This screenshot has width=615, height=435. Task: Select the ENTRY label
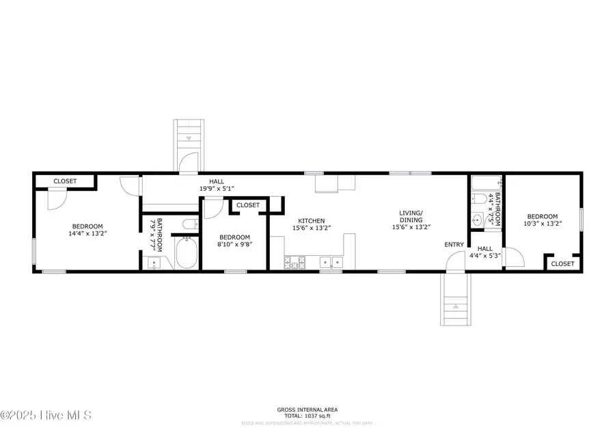454,245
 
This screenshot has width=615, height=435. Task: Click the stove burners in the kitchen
295,263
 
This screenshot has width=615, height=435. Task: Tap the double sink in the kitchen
330,262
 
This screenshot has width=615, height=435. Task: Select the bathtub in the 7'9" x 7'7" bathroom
186,253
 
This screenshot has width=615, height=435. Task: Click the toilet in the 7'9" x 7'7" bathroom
189,224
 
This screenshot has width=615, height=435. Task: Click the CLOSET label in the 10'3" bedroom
563,263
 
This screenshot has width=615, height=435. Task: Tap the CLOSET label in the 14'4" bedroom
65,181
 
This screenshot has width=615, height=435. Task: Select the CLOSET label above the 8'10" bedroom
248,205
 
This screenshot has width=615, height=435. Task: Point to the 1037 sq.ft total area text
307,416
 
